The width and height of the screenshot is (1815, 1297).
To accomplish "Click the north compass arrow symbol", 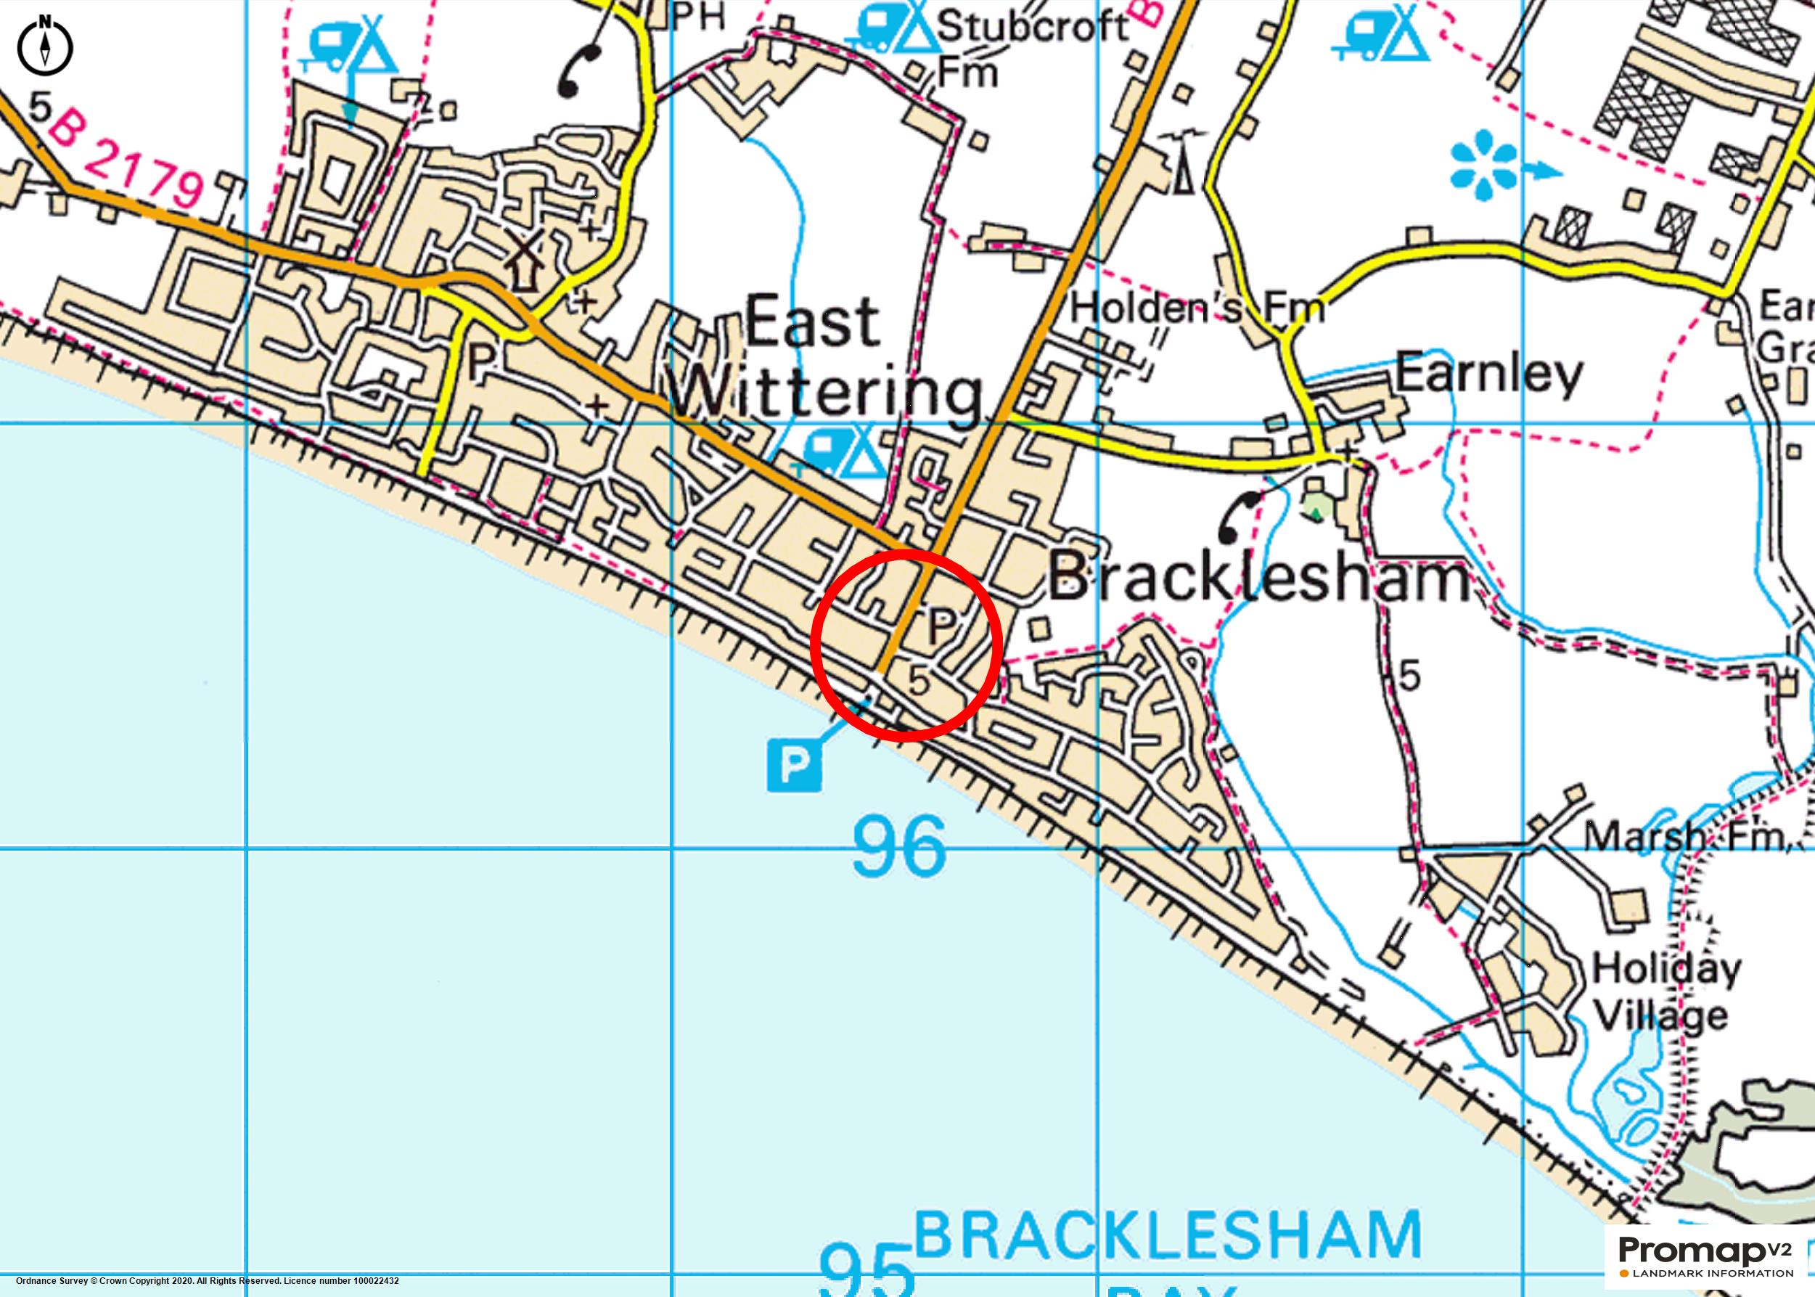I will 45,46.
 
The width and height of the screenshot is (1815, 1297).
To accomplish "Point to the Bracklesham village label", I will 1258,579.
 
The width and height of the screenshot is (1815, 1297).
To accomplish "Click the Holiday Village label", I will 1665,993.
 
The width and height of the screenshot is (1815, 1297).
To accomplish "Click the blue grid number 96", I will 899,846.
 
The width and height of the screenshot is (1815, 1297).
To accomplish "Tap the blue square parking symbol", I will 794,765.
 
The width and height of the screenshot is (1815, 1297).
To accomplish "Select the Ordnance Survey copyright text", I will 208,1281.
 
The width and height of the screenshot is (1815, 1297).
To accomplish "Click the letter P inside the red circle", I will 941,626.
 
